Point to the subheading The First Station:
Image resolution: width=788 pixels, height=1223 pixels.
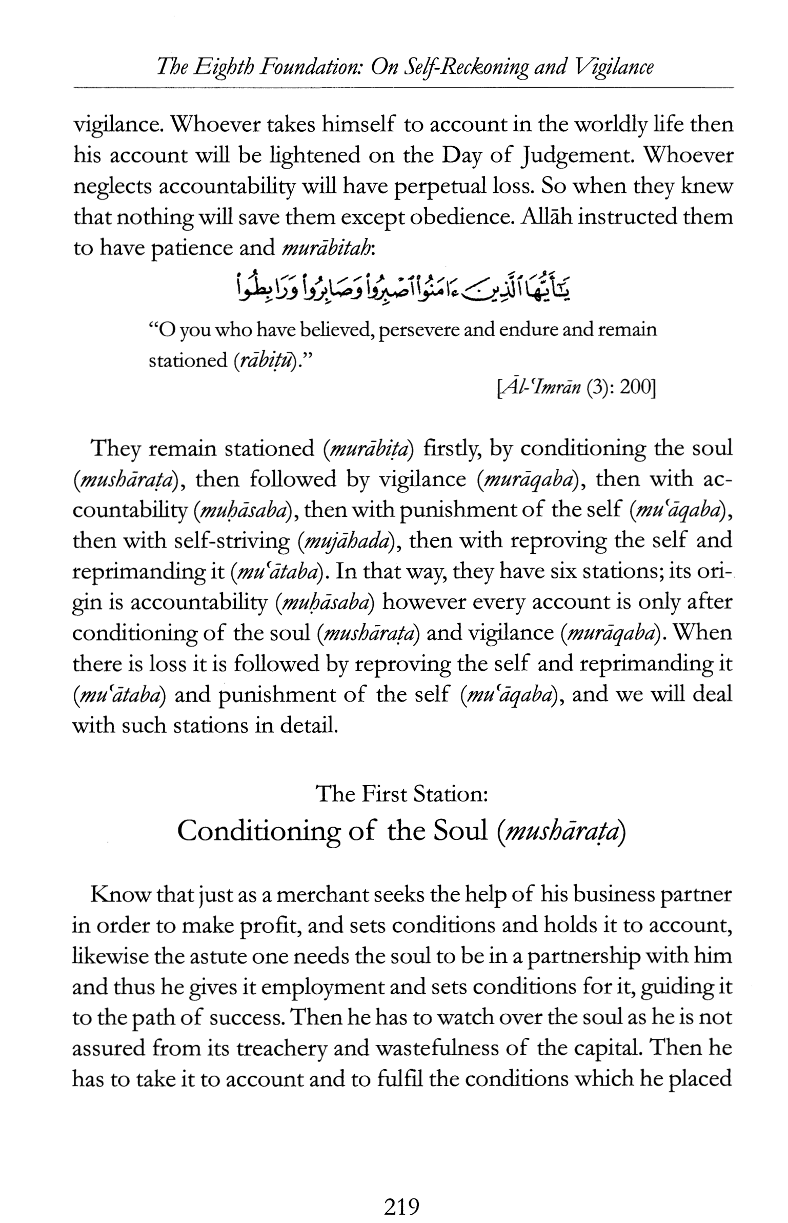click(401, 794)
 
